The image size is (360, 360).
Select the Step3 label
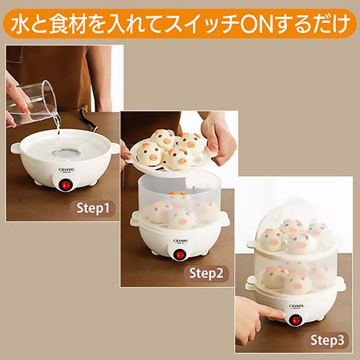click(x=328, y=340)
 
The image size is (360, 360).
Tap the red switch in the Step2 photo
click(x=178, y=255)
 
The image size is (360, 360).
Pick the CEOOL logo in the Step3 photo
click(x=296, y=306)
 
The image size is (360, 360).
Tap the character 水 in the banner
click(x=19, y=23)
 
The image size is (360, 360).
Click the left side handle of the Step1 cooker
click(x=16, y=146)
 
